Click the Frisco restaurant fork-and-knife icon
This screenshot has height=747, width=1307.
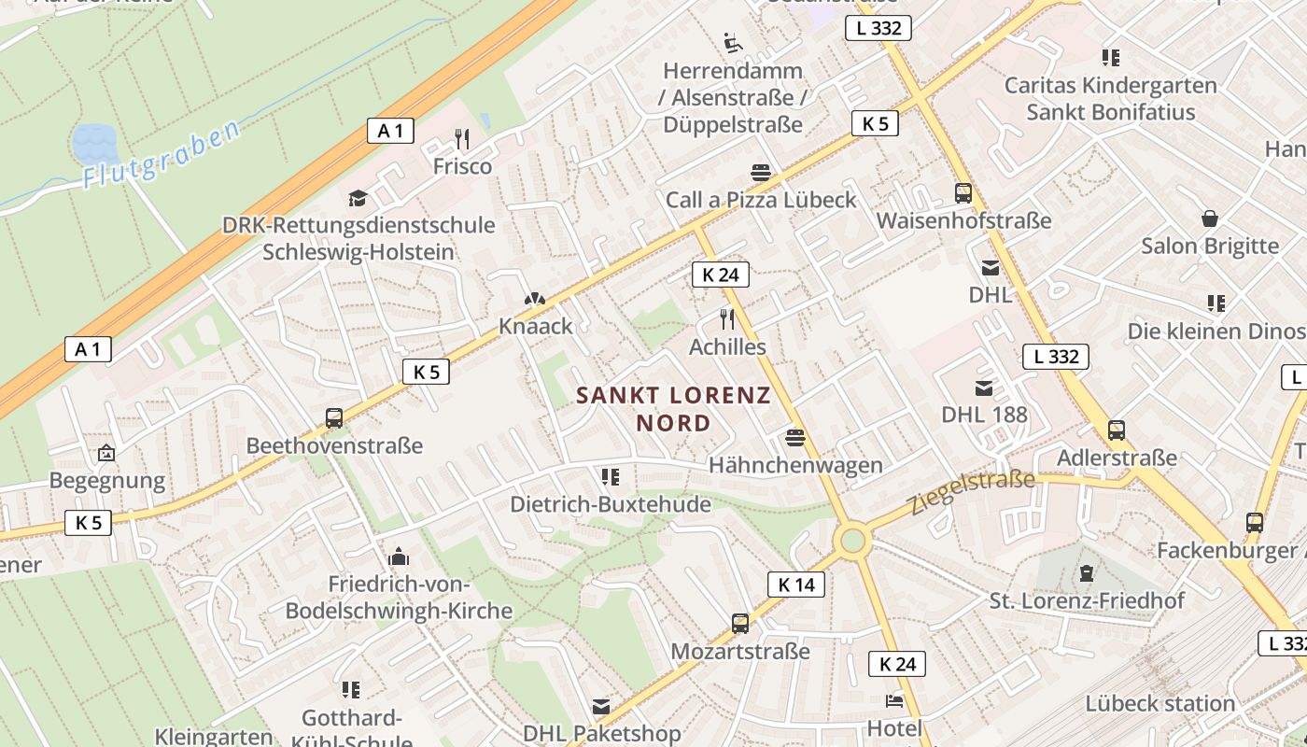(x=461, y=139)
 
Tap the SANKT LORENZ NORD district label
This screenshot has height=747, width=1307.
(x=673, y=409)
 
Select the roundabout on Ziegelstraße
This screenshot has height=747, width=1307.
(x=852, y=540)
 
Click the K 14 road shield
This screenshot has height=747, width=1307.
(x=796, y=585)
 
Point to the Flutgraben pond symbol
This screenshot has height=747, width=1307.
(x=92, y=143)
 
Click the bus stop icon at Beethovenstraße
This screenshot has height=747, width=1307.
(x=333, y=418)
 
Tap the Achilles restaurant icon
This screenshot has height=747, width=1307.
(x=727, y=319)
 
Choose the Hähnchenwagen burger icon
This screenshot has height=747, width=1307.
(x=795, y=437)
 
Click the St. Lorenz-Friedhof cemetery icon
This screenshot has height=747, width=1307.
(x=1086, y=572)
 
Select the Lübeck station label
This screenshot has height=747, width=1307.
(x=1159, y=703)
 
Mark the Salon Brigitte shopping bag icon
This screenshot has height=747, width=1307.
(x=1210, y=218)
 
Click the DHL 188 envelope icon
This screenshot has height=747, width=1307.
(x=984, y=388)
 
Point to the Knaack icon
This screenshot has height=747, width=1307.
(x=535, y=300)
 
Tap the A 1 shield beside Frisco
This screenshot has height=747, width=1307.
(x=390, y=131)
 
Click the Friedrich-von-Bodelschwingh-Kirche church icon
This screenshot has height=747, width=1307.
(x=399, y=557)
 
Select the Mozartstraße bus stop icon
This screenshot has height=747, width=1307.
(x=740, y=623)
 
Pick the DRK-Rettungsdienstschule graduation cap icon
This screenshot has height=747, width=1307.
(x=358, y=198)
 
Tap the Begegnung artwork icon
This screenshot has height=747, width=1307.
(x=106, y=454)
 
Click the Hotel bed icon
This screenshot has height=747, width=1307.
(x=894, y=700)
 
